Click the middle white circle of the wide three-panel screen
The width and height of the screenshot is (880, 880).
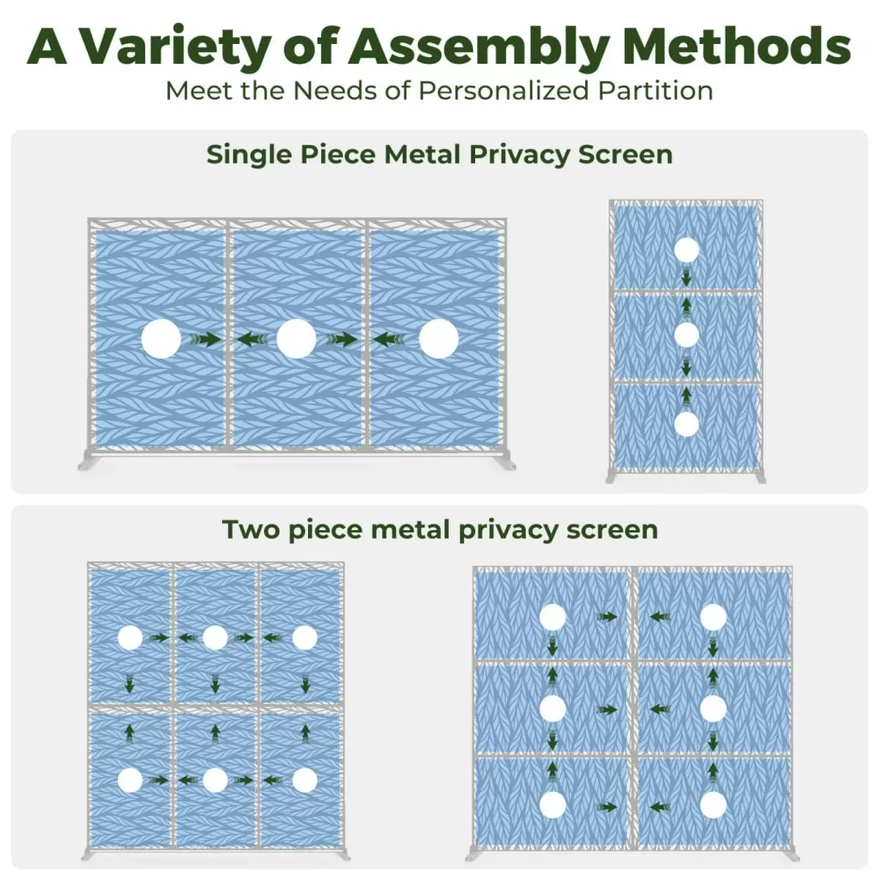[x=296, y=340]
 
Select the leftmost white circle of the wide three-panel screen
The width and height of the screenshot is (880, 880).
[x=161, y=340]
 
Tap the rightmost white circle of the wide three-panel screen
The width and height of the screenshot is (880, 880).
[x=439, y=340]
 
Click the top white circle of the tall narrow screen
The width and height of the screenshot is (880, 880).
[x=686, y=250]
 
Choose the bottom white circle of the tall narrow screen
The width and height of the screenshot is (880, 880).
[x=686, y=424]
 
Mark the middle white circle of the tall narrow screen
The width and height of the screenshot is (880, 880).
[x=686, y=335]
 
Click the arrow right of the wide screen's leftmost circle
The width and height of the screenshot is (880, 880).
[x=205, y=340]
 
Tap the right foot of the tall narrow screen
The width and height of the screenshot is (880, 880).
[x=759, y=477]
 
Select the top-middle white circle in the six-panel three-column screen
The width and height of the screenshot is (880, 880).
[x=215, y=638]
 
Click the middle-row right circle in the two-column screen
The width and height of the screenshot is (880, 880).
[x=713, y=708]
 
